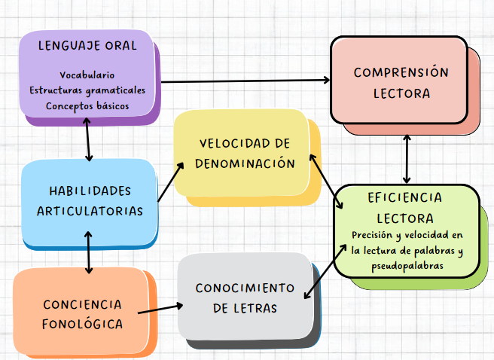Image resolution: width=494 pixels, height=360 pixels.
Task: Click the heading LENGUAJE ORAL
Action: coord(87,46)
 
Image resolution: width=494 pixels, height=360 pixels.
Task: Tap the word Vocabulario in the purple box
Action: coord(87,75)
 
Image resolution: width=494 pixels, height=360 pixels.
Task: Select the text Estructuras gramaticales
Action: coord(87,90)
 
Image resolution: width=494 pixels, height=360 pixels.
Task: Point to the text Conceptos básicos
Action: coord(87,106)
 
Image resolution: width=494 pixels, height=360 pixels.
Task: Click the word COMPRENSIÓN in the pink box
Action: coord(401,73)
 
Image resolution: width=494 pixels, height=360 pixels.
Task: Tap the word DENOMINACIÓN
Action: coord(244,163)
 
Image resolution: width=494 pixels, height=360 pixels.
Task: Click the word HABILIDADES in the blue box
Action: coord(90,191)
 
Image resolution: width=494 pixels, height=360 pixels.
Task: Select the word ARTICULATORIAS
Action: coord(90,211)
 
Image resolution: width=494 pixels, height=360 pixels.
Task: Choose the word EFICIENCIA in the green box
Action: coord(405,197)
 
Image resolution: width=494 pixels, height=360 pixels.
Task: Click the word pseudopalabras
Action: coord(407,266)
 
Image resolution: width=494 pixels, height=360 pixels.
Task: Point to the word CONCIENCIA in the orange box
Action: coord(82,304)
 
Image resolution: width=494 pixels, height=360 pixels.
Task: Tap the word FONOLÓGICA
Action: coord(82,324)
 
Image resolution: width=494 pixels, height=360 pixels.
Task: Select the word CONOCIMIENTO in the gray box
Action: coord(245,288)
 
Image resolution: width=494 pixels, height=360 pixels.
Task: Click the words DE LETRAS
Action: coord(245,308)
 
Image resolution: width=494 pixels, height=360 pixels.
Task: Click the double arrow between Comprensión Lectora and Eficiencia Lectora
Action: coord(407,159)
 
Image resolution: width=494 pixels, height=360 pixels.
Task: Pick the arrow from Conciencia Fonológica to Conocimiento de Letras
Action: coord(161,308)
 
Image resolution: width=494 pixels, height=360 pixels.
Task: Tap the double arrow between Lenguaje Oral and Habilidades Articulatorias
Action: coord(90,140)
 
